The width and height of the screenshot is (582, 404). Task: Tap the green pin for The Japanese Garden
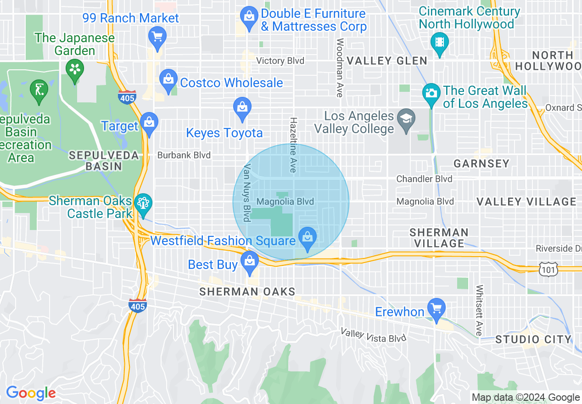73,70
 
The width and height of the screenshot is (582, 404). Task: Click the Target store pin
149,123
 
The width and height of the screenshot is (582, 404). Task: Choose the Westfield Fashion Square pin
307,238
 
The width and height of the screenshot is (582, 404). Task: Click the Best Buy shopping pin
250,262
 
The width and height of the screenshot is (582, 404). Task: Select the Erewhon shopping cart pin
436,309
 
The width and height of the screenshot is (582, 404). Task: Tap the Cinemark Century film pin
440,43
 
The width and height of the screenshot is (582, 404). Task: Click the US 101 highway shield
550,269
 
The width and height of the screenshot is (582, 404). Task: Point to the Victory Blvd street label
280,61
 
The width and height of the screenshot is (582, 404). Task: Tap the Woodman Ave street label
340,67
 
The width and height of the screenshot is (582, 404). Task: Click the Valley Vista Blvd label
373,335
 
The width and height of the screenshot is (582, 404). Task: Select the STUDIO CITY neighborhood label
533,340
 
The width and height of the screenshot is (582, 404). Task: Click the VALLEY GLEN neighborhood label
386,61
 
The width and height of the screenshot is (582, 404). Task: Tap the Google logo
31,393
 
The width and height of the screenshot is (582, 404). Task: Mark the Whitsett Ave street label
480,310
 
